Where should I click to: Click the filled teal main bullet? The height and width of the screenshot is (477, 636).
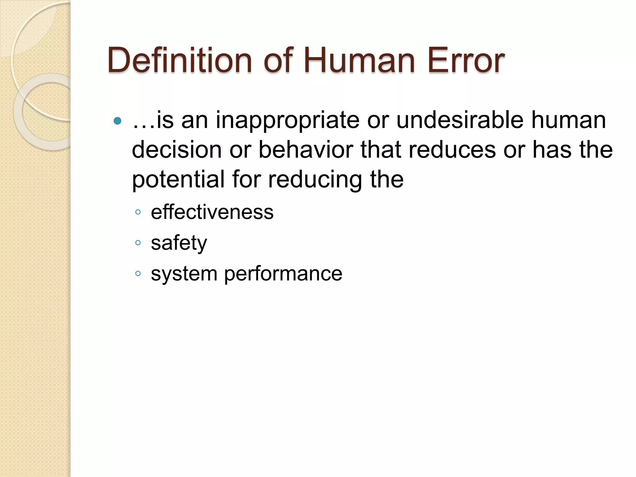(117, 121)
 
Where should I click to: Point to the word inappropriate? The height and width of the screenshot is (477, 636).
(288, 120)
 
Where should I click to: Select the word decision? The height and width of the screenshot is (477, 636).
(176, 150)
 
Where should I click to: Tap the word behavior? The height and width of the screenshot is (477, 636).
(306, 150)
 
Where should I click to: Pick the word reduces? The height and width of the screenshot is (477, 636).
(452, 150)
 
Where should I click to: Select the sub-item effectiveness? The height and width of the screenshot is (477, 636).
(212, 212)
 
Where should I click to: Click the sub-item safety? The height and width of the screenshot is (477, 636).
(179, 243)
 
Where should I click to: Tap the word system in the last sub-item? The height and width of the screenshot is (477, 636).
(184, 274)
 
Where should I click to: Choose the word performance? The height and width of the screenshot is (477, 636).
(283, 274)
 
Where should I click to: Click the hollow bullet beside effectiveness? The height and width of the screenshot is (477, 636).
(138, 213)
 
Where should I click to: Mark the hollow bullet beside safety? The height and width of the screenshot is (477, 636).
(138, 243)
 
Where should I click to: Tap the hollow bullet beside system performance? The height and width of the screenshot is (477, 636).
(138, 274)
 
